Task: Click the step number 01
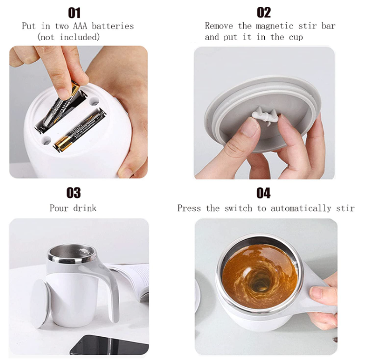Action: click(74, 12)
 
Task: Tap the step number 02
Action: click(264, 12)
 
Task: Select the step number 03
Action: click(73, 193)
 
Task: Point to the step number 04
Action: click(264, 193)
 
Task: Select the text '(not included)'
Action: click(68, 37)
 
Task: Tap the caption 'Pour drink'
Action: click(73, 208)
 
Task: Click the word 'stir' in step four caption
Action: click(343, 208)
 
